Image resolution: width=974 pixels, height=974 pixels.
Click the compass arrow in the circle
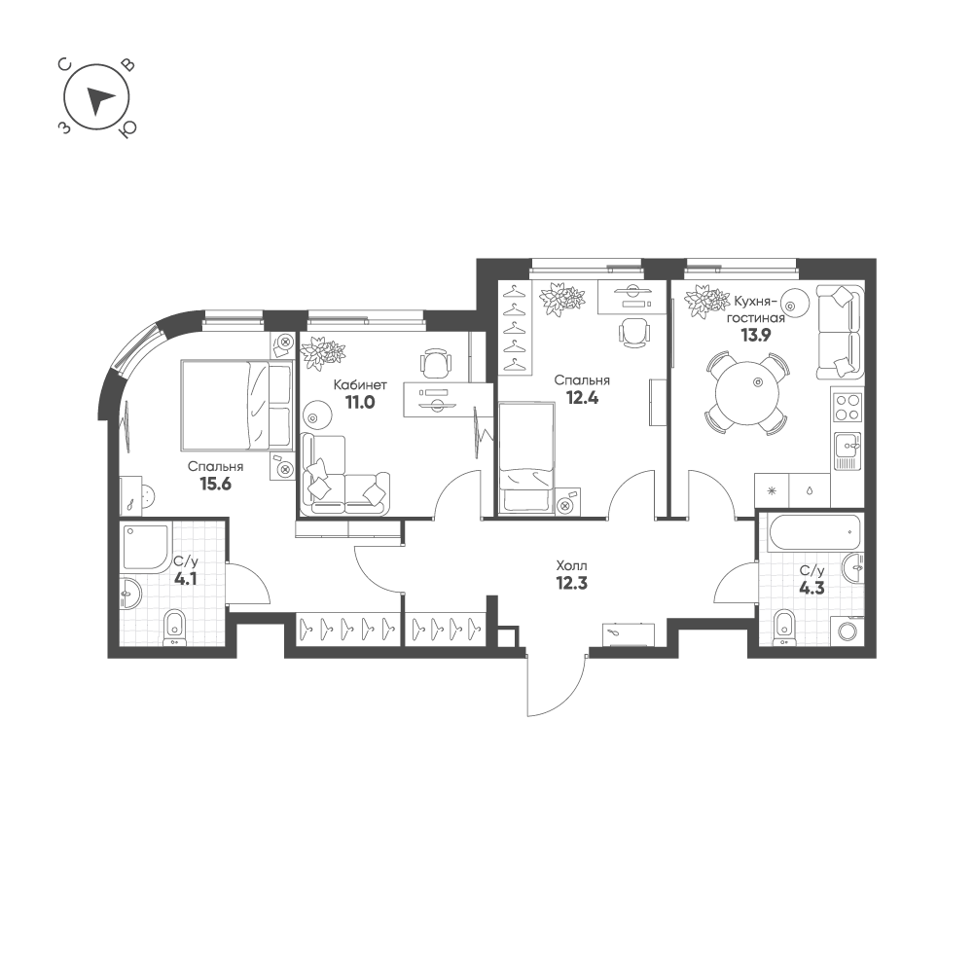coord(99,100)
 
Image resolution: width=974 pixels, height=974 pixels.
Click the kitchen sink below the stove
coord(847,449)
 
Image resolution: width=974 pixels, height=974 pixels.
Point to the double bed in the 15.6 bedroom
coord(236,404)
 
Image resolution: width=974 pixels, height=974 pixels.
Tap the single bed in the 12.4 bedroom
coord(525,459)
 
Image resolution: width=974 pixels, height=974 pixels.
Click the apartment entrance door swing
coord(555,686)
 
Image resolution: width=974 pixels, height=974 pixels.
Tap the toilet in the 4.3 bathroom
coord(784,627)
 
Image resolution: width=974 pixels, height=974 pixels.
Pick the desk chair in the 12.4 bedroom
coord(633,332)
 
